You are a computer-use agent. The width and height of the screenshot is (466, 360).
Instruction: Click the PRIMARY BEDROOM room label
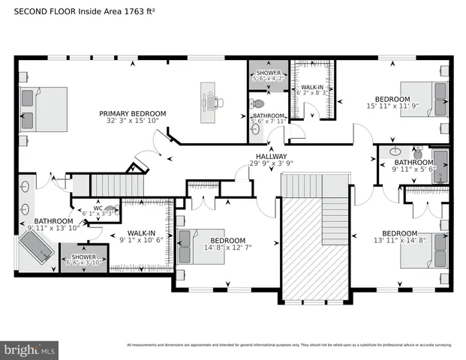(133, 113)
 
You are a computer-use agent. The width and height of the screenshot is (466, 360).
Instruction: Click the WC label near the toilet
(98, 208)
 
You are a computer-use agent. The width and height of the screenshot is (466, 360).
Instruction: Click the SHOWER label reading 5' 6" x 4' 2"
(269, 73)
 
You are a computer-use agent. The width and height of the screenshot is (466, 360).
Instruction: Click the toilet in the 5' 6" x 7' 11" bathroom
(260, 103)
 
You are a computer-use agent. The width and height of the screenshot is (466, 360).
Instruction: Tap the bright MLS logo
(30, 349)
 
